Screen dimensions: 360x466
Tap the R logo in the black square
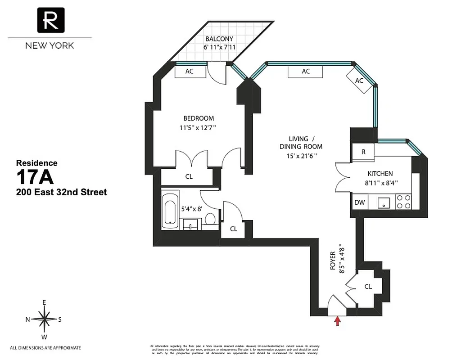point(50,20)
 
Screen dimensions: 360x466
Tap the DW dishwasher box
point(359,202)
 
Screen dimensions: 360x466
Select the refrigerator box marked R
point(363,152)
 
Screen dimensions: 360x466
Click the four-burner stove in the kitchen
point(403,201)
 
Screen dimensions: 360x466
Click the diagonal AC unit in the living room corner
point(359,81)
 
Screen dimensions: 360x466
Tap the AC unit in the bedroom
point(189,72)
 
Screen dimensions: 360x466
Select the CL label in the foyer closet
point(368,287)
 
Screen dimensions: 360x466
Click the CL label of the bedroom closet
point(189,177)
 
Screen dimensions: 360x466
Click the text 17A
point(35,178)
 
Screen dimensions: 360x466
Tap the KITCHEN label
point(380,174)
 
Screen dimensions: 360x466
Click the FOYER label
point(333,261)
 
